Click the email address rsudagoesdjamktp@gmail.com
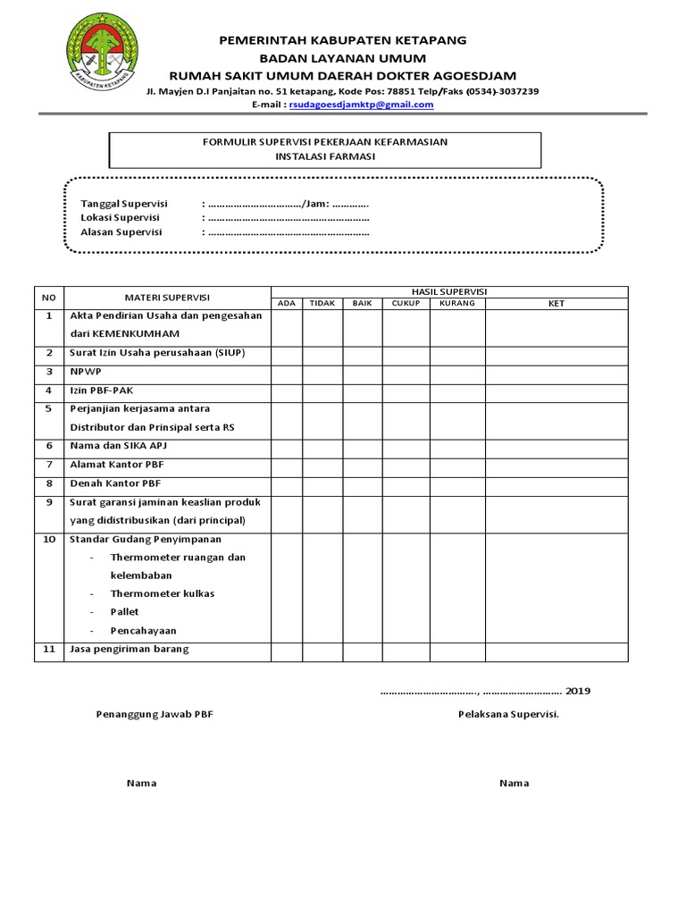pos(361,105)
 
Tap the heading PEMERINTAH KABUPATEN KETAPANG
pos(343,40)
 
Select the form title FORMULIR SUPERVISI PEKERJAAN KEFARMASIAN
pos(325,142)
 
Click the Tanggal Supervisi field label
pos(124,204)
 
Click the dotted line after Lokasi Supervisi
pos(288,218)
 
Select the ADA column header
pos(287,304)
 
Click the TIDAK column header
pos(322,304)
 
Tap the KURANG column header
pos(457,304)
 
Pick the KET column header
pos(556,304)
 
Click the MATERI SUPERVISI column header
pos(167,297)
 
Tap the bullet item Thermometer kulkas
pos(162,593)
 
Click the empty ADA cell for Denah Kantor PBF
pos(287,483)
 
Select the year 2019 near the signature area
pos(578,691)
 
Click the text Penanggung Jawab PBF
pos(155,714)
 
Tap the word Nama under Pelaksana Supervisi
pos(514,783)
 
